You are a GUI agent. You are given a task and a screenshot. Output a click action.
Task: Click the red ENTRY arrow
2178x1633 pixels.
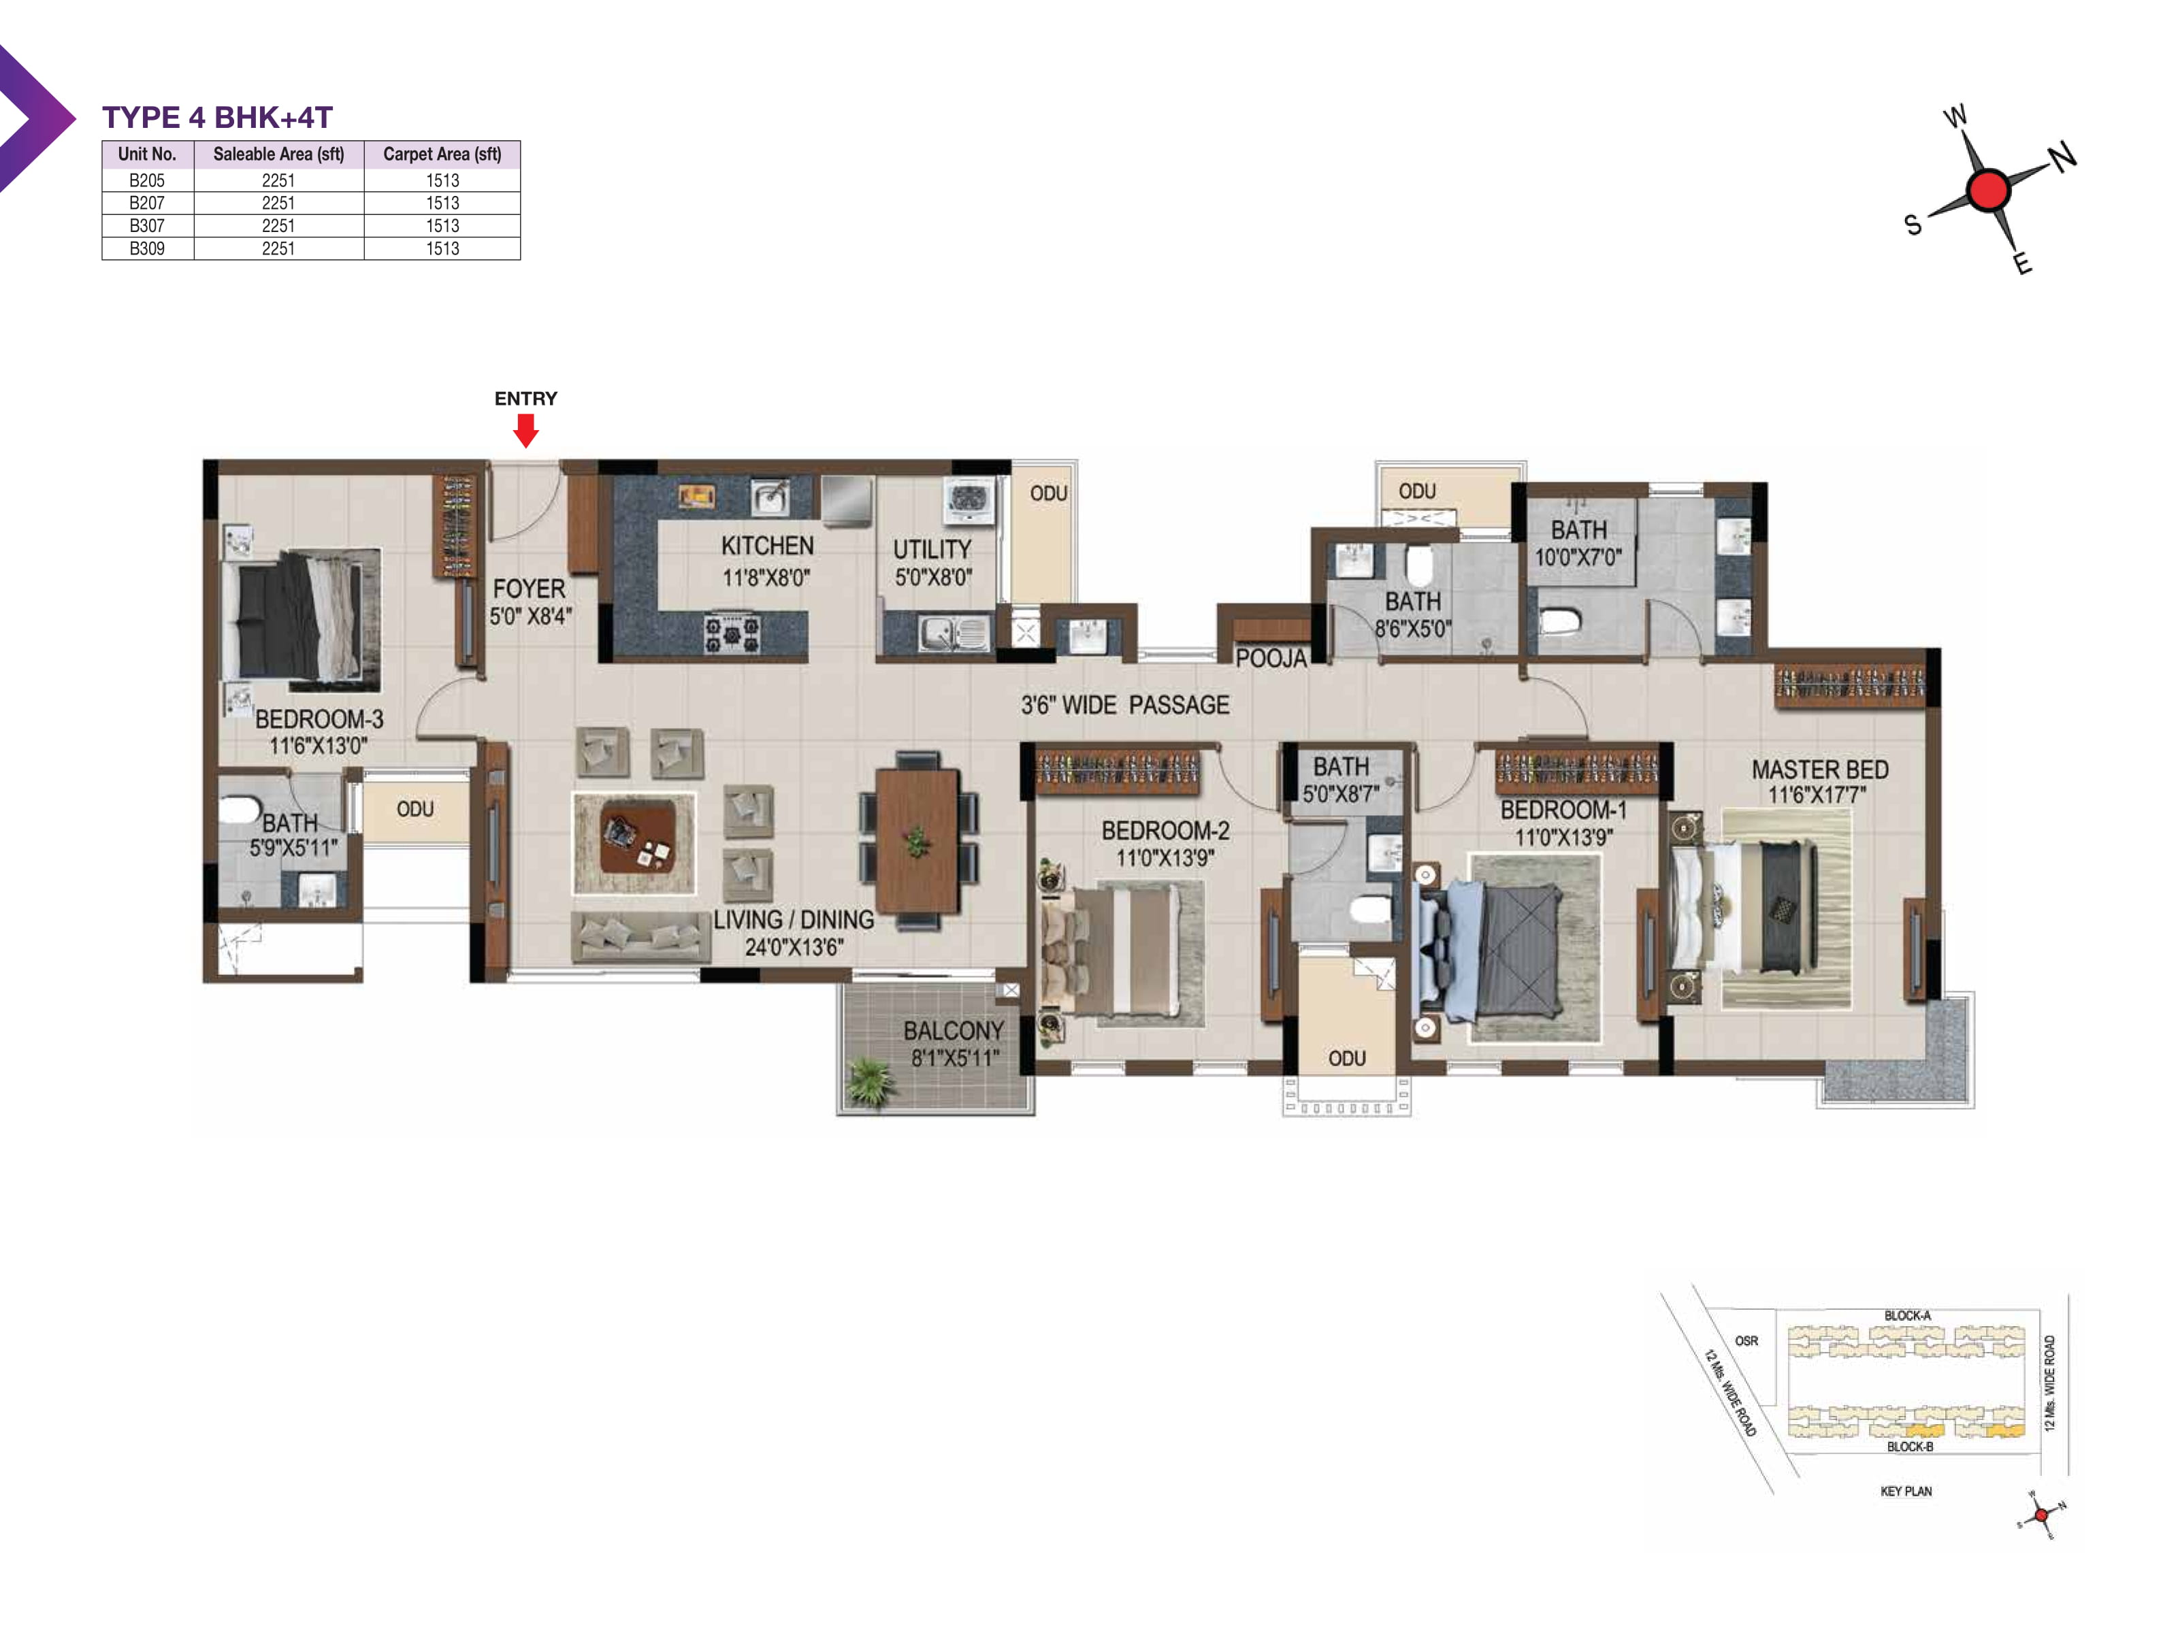click(x=526, y=430)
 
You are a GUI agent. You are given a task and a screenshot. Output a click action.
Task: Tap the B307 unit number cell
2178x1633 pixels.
click(x=148, y=225)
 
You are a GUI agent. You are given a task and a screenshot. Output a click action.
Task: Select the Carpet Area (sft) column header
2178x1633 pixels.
click(x=442, y=154)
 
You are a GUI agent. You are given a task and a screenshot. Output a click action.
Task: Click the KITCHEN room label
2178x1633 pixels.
click(x=767, y=546)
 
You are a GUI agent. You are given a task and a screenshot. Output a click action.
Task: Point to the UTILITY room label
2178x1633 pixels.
click(x=932, y=549)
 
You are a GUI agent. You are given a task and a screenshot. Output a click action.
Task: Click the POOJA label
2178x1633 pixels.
click(x=1270, y=659)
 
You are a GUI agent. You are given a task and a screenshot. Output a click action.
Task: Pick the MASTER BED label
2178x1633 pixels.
click(x=1819, y=770)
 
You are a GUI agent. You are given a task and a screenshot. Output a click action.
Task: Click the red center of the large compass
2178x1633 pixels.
click(x=1987, y=190)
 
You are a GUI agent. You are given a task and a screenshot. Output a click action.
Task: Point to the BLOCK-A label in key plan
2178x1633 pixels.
click(x=1906, y=1315)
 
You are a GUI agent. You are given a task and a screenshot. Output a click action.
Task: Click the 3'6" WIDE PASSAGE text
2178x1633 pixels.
click(x=1124, y=705)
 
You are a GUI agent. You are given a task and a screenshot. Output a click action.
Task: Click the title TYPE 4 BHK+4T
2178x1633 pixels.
click(x=218, y=118)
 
